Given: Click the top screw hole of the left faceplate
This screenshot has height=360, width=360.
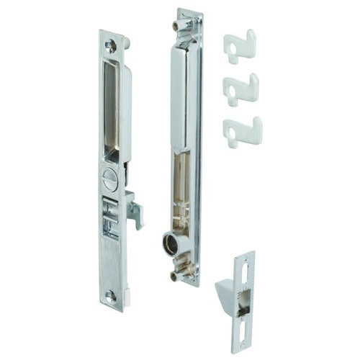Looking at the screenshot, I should (x=111, y=45).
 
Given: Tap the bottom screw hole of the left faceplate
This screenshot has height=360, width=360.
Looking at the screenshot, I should (x=110, y=295).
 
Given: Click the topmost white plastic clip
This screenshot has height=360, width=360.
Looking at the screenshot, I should (x=240, y=47).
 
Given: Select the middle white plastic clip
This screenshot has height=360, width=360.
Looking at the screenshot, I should (x=240, y=89).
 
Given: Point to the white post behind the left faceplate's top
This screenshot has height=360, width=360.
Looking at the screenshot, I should (x=127, y=43).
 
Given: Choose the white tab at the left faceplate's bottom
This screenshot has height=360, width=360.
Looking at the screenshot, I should (x=127, y=294).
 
